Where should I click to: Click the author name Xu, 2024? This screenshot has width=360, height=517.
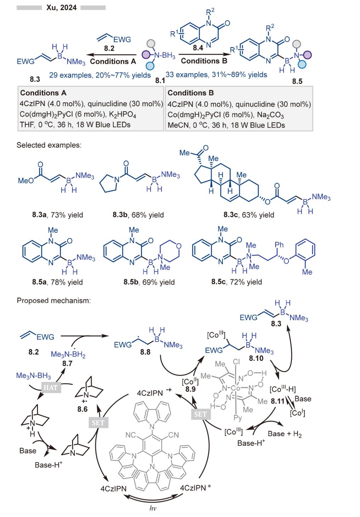click(61, 7)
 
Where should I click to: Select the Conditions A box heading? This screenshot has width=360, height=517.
click(43, 93)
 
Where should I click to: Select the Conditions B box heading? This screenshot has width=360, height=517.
click(191, 93)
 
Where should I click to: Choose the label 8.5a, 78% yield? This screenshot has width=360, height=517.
click(57, 282)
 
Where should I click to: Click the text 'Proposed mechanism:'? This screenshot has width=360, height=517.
click(54, 301)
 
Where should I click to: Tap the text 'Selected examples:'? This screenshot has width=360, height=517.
click(49, 145)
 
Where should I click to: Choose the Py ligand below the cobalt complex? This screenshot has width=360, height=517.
click(238, 417)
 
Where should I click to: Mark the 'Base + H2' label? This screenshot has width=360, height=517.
click(285, 434)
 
